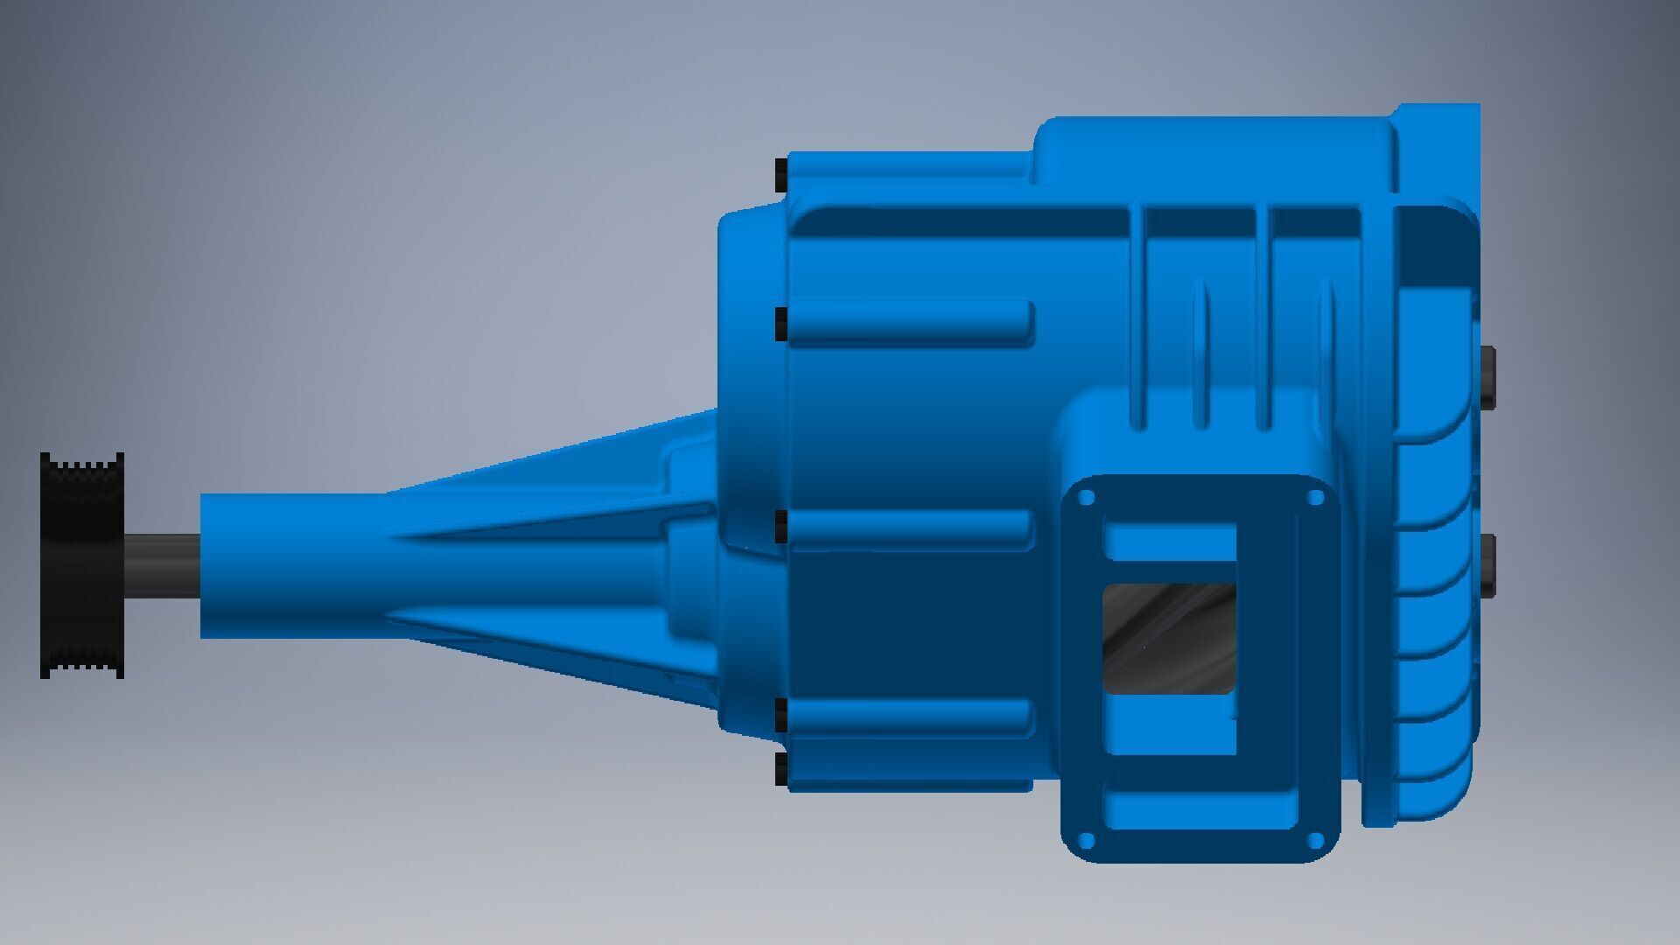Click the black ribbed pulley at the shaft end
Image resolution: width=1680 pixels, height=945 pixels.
click(82, 565)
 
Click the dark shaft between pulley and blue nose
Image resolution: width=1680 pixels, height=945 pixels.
click(163, 565)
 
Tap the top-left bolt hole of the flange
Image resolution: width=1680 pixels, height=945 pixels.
click(1087, 499)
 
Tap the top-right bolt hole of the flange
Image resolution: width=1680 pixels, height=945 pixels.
click(1314, 499)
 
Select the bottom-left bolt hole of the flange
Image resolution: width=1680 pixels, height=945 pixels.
click(1087, 840)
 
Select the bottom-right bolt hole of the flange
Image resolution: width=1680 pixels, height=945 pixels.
click(1314, 840)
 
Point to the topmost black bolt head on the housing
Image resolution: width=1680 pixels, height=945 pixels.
click(781, 174)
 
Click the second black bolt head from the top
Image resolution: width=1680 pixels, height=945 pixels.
click(781, 324)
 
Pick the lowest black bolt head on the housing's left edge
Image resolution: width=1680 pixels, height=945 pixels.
click(781, 769)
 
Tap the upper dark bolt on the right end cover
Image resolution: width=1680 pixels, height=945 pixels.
click(1487, 374)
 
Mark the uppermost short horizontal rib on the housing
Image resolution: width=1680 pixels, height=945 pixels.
click(910, 320)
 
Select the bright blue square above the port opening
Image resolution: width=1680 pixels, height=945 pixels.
click(1170, 542)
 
